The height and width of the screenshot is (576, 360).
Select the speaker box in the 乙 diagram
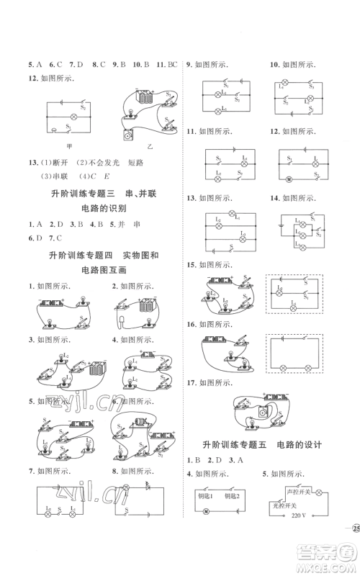129,135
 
